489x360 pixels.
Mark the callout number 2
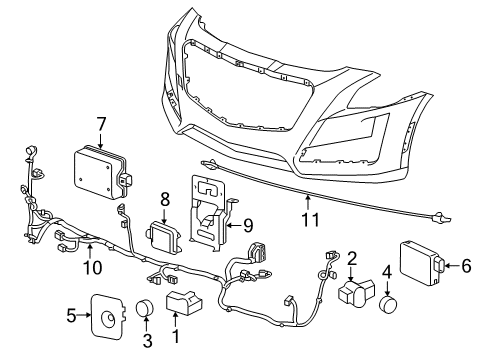click(x=352, y=259)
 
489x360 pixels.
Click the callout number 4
click(x=387, y=272)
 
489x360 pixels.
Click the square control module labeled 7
click(x=97, y=169)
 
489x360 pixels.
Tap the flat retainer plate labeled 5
click(x=105, y=316)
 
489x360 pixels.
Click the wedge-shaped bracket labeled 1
click(x=183, y=304)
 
